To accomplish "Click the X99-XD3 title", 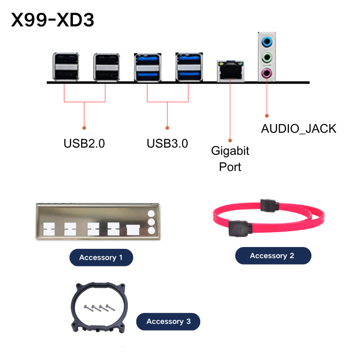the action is pos(53,20).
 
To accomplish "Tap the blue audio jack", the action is pos(267,42).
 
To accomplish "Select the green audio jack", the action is pos(267,58).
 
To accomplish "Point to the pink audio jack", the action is pos(267,73).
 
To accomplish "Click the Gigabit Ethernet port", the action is pos(230,71).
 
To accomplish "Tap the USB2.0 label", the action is pos(84,144).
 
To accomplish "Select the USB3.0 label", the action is pos(167,144).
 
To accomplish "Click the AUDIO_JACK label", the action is pos(299,129).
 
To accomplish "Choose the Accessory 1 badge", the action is pos(101,257).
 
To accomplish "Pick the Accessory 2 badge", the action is pos(273,256).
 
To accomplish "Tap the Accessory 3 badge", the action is pos(168,321).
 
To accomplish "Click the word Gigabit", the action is pos(230,151).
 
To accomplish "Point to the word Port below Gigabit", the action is pos(230,167).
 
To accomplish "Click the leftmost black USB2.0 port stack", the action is pos(66,67).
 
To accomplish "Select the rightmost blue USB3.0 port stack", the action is pos(189,67).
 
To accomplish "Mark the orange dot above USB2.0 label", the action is pos(84,128).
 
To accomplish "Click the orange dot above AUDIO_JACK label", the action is pos(267,116).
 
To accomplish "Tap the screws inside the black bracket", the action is pos(99,308).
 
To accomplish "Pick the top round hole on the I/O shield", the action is pos(151,213).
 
